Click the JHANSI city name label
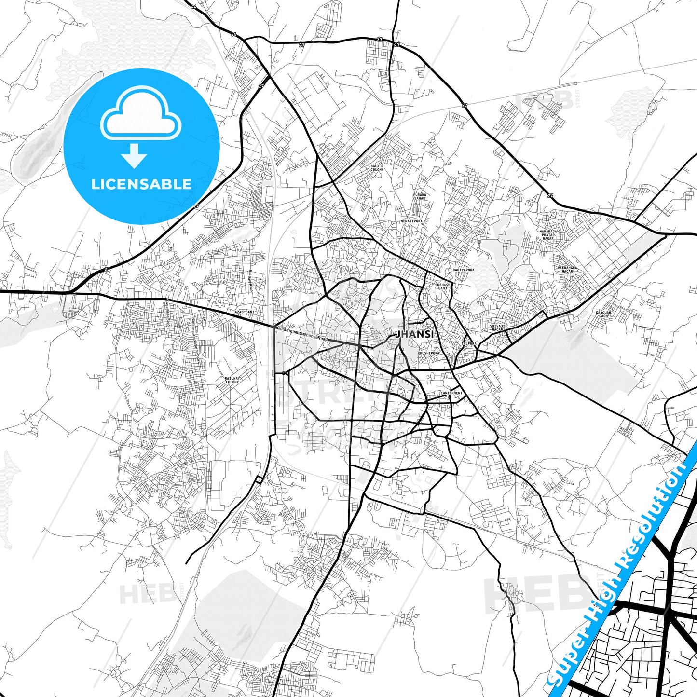coord(415,334)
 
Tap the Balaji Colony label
coord(377,168)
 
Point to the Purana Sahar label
coord(420,196)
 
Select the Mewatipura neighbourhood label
coord(411,221)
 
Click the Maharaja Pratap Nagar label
coord(548,235)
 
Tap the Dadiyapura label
coord(464,270)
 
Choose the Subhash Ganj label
coord(442,286)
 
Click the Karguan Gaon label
coord(603,314)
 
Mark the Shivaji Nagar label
coord(497,328)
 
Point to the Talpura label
coord(469,344)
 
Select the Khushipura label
coord(428,353)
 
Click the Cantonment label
coord(451,393)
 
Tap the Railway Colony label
coord(232,380)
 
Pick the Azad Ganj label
coord(244,313)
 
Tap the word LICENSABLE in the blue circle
coord(141,184)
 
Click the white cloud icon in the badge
coord(140,114)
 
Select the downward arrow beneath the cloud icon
coord(134,154)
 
